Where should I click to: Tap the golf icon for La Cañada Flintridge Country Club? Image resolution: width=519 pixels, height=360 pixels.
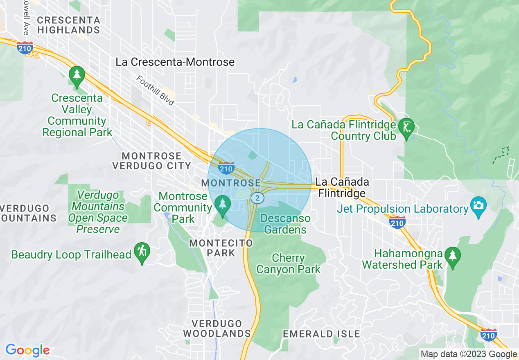coord(406,127)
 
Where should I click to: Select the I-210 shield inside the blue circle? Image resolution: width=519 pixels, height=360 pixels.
coord(226,168)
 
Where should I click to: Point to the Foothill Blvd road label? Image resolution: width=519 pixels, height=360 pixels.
coord(156,90)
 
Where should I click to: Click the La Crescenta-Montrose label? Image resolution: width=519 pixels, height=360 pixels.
coord(175,62)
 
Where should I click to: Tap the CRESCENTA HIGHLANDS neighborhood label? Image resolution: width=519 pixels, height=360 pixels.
coord(68,25)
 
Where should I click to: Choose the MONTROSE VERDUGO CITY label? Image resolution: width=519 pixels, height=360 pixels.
coord(151,161)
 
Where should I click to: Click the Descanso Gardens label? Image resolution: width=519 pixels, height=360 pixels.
coord(285,224)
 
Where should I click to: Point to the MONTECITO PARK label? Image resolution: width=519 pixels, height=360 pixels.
coord(221,248)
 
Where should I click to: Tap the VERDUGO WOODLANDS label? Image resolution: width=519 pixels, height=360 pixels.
coord(217,328)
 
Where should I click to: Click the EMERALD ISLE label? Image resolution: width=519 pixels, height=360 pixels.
coord(321,334)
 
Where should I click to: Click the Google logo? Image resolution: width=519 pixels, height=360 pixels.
coord(27,350)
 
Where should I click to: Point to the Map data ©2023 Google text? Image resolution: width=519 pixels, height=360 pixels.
coord(469,354)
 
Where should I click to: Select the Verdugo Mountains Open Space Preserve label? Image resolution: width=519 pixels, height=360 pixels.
coord(98,212)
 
